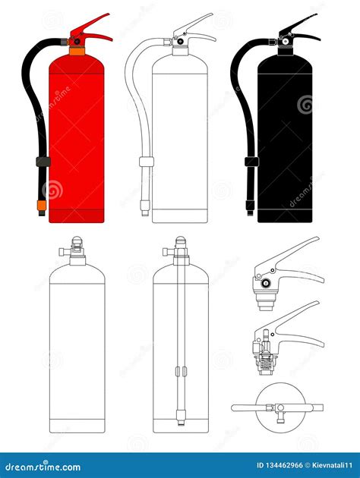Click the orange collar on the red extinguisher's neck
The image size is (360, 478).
coord(77,51)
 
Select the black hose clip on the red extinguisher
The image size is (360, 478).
coord(43,162)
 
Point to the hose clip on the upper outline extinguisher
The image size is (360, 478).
coord(147,162)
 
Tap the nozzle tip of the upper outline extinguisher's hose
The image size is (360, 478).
coord(144,208)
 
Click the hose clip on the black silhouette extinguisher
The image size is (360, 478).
coord(251,162)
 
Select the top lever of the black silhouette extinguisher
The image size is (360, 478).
coord(298,24)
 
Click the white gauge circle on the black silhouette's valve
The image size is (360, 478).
coord(286,42)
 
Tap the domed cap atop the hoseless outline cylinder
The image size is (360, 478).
coord(77,240)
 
